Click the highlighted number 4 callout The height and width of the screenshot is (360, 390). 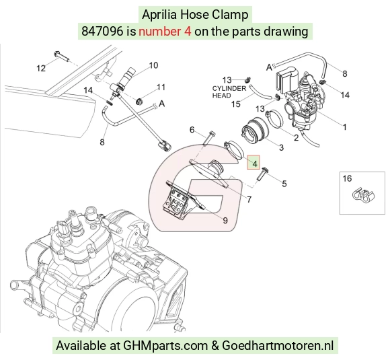(253, 162)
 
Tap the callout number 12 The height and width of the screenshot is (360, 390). (41, 68)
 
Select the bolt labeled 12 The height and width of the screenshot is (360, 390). (61, 57)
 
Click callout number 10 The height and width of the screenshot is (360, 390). (153, 65)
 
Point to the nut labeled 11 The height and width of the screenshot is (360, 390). (139, 102)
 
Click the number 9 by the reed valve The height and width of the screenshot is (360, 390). (225, 220)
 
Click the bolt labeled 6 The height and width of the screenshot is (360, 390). (208, 137)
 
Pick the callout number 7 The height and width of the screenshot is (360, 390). (249, 199)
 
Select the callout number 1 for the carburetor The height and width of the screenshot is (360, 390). (344, 127)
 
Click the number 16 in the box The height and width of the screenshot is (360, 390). (347, 178)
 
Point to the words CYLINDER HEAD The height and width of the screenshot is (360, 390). (229, 92)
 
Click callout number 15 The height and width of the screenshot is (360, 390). (235, 104)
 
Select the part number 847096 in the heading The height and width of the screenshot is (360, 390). (102, 32)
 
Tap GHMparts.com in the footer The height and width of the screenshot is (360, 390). (165, 346)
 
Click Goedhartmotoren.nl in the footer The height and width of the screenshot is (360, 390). (278, 346)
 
